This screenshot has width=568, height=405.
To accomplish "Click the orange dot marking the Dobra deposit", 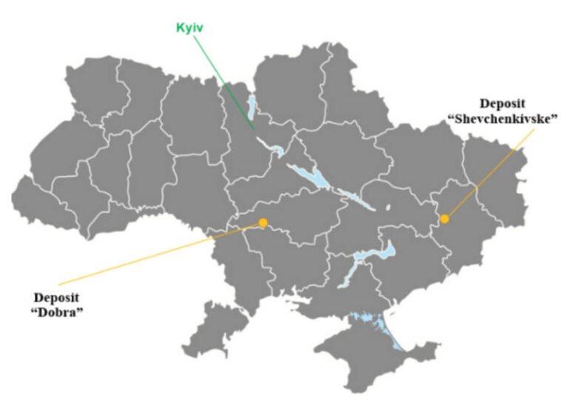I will (263, 222).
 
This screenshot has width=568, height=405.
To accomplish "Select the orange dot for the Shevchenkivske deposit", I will (444, 218).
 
